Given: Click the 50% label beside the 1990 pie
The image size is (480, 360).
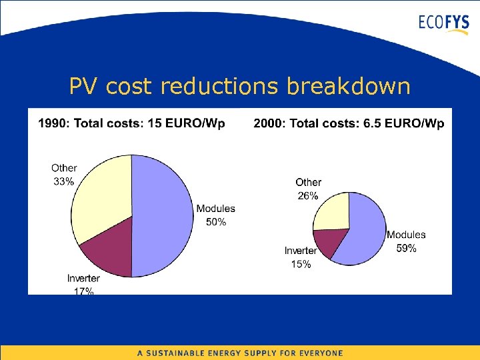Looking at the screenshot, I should pos(215,222).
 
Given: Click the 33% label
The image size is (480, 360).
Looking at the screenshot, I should pos(64,181).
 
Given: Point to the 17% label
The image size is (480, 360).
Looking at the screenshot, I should pos(83,291).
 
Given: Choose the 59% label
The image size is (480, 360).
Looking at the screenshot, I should pos(406,248).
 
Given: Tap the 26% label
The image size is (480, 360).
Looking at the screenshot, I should pos(308,195).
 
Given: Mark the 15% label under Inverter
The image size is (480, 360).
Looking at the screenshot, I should pos(301,265).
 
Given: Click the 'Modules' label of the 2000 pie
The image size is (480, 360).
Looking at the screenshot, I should pos(406,235).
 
